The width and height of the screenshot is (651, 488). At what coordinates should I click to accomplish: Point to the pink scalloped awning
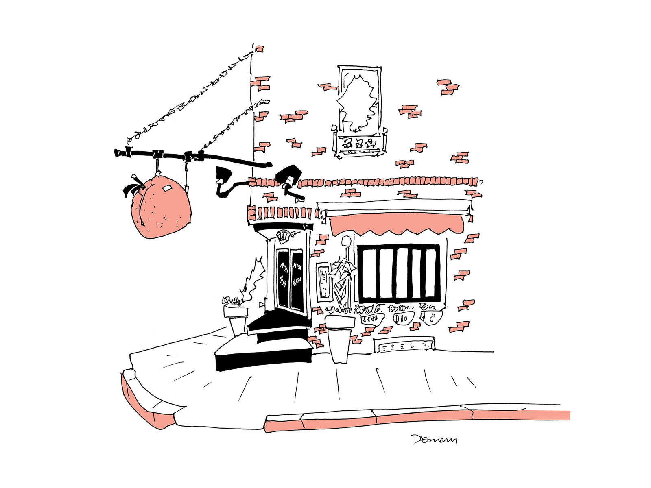397,224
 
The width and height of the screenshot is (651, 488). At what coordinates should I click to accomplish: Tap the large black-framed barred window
399,272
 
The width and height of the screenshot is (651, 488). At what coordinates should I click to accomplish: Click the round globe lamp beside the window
346,241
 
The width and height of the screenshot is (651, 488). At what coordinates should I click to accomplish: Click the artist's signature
434,440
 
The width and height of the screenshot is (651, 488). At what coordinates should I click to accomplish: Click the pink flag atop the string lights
259,49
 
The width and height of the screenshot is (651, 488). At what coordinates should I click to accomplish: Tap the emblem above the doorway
283,235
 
